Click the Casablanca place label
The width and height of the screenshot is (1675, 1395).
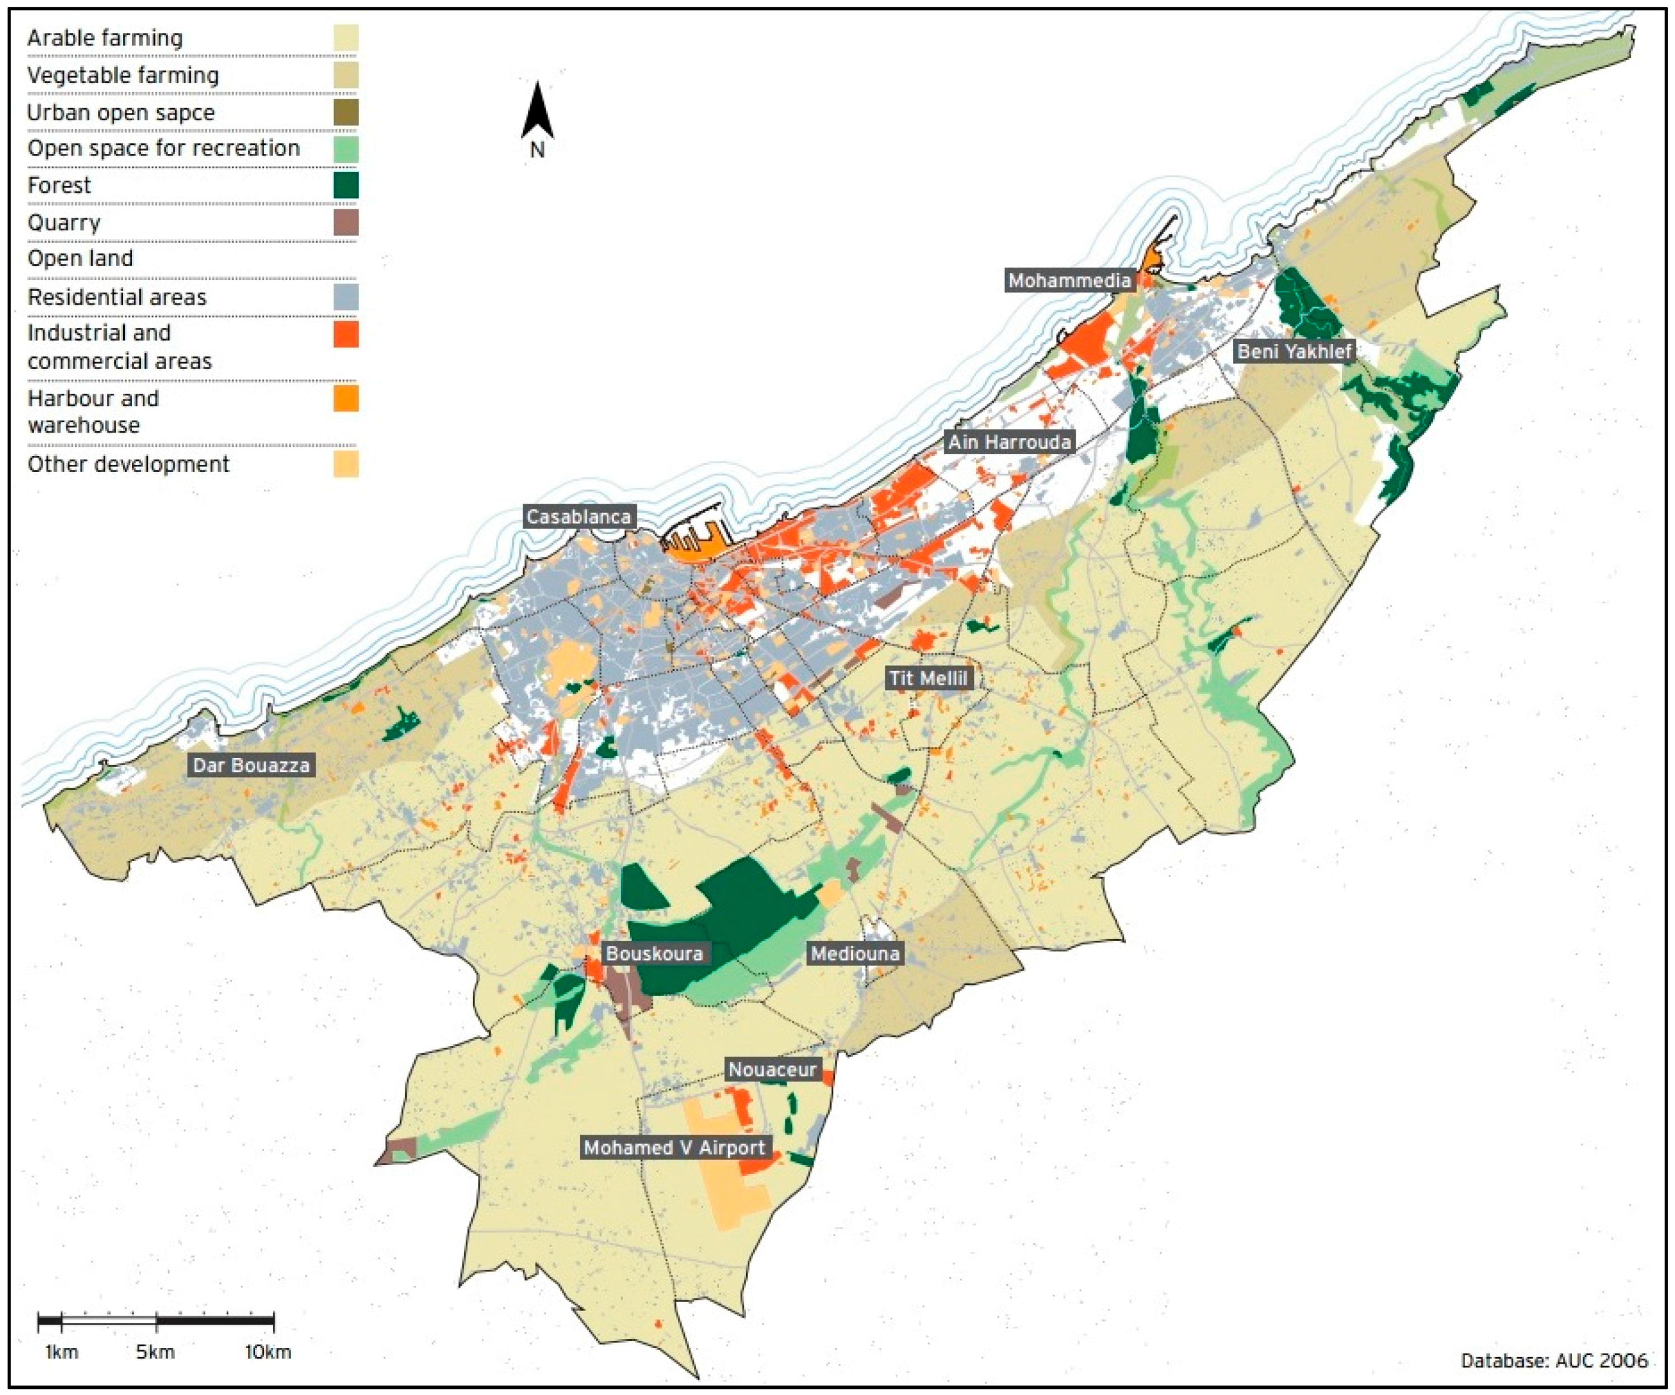pos(578,516)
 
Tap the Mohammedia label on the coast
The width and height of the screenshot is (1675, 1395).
pos(1069,281)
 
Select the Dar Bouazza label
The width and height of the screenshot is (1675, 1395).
pos(251,765)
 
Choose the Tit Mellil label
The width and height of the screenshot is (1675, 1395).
pos(928,678)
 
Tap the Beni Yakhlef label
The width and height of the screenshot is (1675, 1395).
pos(1294,351)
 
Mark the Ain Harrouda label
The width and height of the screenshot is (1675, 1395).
pos(1008,442)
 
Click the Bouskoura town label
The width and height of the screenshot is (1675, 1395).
pos(654,953)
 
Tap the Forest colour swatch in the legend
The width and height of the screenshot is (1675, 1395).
pos(345,185)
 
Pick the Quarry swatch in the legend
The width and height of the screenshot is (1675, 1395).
pos(345,223)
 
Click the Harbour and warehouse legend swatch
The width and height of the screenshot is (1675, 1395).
pos(345,398)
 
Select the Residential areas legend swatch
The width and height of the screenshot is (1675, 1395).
pos(345,296)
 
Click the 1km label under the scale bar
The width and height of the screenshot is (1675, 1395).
pos(62,1352)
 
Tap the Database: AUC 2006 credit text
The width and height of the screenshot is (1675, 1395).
pos(1554,1360)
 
